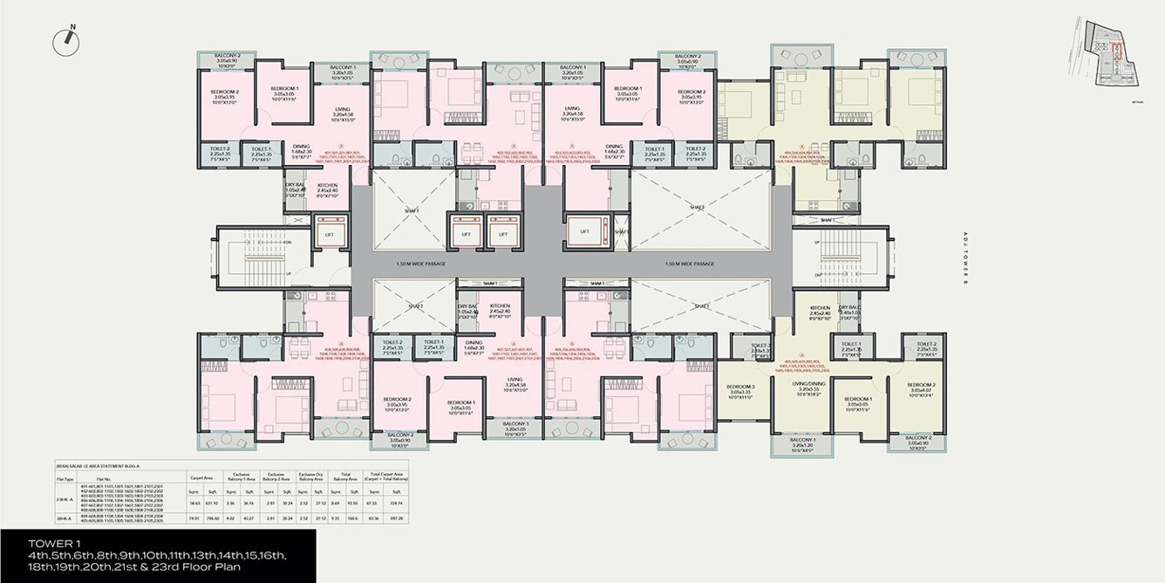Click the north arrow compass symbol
(67, 38)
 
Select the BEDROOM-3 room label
(739, 387)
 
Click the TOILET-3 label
(760, 346)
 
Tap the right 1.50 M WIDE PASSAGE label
(689, 264)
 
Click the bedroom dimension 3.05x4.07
(921, 390)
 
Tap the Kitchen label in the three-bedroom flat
(819, 309)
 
